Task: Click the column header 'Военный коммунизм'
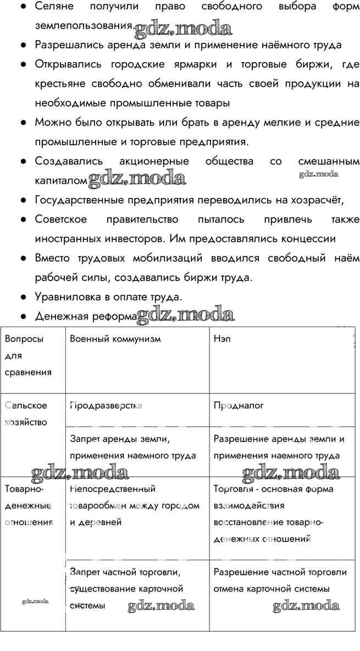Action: pos(115,339)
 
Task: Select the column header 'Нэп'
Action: pos(222,339)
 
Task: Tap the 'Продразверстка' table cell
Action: pos(106,405)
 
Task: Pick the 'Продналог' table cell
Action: pos(239,405)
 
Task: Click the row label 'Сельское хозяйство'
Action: pos(26,413)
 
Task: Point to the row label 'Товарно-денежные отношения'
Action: pos(29,505)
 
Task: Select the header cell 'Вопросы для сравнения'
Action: pos(28,355)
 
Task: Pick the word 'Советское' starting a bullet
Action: pos(61,219)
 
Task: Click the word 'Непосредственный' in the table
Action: pos(113,489)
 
